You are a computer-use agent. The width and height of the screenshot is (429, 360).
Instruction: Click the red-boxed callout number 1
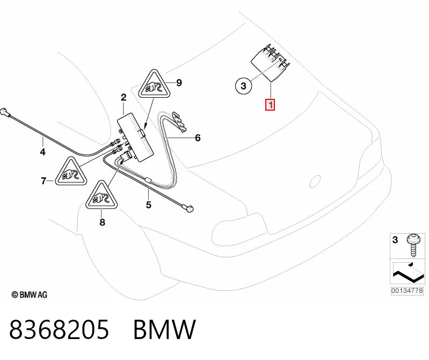(270, 105)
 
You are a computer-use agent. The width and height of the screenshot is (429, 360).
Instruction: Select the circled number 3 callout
(243, 85)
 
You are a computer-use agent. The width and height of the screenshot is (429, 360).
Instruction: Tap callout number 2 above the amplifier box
(123, 97)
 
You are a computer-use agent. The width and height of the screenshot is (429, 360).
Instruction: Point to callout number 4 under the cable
(42, 152)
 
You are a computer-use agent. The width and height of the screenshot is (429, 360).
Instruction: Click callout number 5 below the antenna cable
(149, 205)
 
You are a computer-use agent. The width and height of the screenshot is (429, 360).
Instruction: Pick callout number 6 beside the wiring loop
(198, 138)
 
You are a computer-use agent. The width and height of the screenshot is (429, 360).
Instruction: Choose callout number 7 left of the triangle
(43, 181)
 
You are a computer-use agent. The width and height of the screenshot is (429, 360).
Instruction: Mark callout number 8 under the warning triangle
(103, 222)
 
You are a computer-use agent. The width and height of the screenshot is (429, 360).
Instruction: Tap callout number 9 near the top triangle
(179, 82)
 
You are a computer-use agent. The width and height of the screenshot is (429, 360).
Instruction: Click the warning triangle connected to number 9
(154, 84)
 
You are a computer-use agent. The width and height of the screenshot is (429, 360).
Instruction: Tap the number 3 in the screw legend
(395, 240)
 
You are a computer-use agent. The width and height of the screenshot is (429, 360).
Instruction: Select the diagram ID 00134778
(407, 291)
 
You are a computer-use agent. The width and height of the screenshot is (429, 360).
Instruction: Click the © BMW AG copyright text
(30, 294)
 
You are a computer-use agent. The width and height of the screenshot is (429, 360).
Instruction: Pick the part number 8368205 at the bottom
(59, 329)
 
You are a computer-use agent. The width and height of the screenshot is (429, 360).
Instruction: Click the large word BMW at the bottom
(164, 329)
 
